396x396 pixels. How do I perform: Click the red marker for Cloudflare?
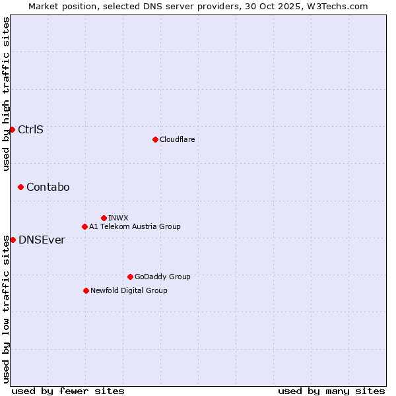pyautogui.click(x=155, y=139)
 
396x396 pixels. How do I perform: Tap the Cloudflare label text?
pyautogui.click(x=177, y=139)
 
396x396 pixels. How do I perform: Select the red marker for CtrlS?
pyautogui.click(x=12, y=129)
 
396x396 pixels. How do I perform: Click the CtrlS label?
pyautogui.click(x=30, y=129)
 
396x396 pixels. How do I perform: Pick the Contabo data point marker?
pyautogui.click(x=20, y=187)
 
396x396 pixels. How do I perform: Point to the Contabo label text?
pyautogui.click(x=48, y=187)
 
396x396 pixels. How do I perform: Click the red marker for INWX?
pyautogui.click(x=104, y=218)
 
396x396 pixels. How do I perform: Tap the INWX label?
pyautogui.click(x=118, y=218)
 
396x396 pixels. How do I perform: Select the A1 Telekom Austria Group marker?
pyautogui.click(x=84, y=226)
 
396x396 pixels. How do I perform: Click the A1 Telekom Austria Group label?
pyautogui.click(x=135, y=226)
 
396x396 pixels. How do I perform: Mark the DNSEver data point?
pyautogui.click(x=13, y=240)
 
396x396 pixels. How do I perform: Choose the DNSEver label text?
pyautogui.click(x=42, y=240)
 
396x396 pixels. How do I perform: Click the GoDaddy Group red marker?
pyautogui.click(x=130, y=277)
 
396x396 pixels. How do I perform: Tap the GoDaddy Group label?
pyautogui.click(x=162, y=277)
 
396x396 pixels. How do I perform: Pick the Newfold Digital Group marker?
pyautogui.click(x=86, y=290)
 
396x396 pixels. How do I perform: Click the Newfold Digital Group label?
pyautogui.click(x=129, y=290)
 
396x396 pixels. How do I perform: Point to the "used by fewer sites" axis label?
pyautogui.click(x=68, y=391)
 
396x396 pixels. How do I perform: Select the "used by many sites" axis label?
pyautogui.click(x=331, y=391)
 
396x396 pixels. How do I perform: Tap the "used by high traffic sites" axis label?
pyautogui.click(x=6, y=94)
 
